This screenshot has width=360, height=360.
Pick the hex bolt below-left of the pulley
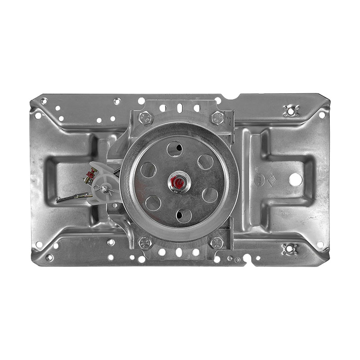(145, 243)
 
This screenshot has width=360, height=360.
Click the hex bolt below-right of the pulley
(216, 243)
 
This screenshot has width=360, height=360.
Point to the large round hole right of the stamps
(295, 180)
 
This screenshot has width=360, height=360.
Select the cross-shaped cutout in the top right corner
(291, 109)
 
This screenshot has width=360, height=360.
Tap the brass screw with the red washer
(91, 174)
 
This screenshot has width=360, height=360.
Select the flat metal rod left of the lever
(72, 197)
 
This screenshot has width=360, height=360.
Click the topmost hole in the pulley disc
(174, 149)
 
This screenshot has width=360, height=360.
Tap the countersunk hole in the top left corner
(44, 101)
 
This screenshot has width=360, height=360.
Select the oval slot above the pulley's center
(180, 108)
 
